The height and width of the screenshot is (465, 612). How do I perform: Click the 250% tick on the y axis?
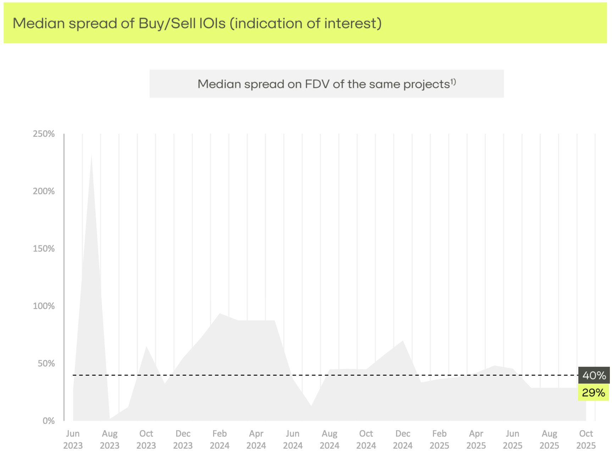44,134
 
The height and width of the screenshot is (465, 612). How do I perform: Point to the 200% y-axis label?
44,191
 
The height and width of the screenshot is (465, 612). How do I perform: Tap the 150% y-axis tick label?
44,249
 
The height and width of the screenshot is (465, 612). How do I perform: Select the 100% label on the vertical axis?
44,306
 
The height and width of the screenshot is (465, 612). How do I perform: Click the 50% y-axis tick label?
46,364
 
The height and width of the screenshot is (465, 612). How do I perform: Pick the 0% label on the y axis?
49,421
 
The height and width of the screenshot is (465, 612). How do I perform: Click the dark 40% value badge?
594,375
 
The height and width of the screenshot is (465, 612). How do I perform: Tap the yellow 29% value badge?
593,393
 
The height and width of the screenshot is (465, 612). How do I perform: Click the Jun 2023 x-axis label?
73,439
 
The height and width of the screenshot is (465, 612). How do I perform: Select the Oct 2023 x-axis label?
146,439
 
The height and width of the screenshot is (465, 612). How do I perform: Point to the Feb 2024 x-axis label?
219,439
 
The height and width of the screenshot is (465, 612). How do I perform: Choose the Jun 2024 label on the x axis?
293,439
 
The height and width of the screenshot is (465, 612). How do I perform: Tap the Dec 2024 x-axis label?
403,439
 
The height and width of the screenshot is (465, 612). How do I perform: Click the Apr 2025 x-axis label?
476,439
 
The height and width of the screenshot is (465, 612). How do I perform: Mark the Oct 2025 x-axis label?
586,439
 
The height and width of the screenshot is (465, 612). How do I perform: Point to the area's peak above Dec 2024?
403,341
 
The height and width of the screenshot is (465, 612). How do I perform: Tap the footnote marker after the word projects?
453,82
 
